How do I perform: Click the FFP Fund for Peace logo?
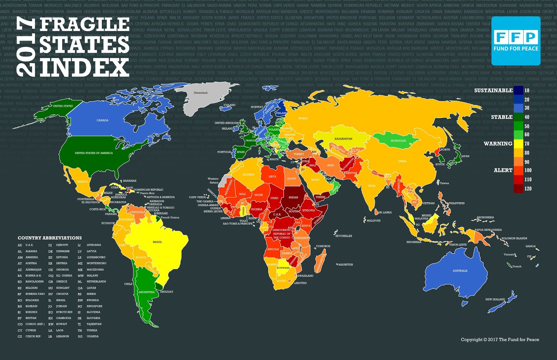(516, 40)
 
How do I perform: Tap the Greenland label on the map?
(201, 93)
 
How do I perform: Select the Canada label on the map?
(102, 120)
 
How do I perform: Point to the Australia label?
(460, 271)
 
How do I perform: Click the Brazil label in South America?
(157, 242)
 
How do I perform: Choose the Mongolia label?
(398, 141)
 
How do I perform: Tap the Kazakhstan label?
(343, 139)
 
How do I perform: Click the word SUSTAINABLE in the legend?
(493, 90)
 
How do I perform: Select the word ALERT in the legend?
(503, 170)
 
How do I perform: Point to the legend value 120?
(528, 189)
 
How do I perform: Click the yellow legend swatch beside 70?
(518, 143)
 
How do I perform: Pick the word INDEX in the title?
(84, 67)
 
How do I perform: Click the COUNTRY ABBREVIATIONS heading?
(50, 238)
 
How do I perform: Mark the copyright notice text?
(500, 339)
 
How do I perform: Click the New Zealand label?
(495, 299)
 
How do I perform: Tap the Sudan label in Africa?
(293, 197)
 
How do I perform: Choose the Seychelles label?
(344, 236)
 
